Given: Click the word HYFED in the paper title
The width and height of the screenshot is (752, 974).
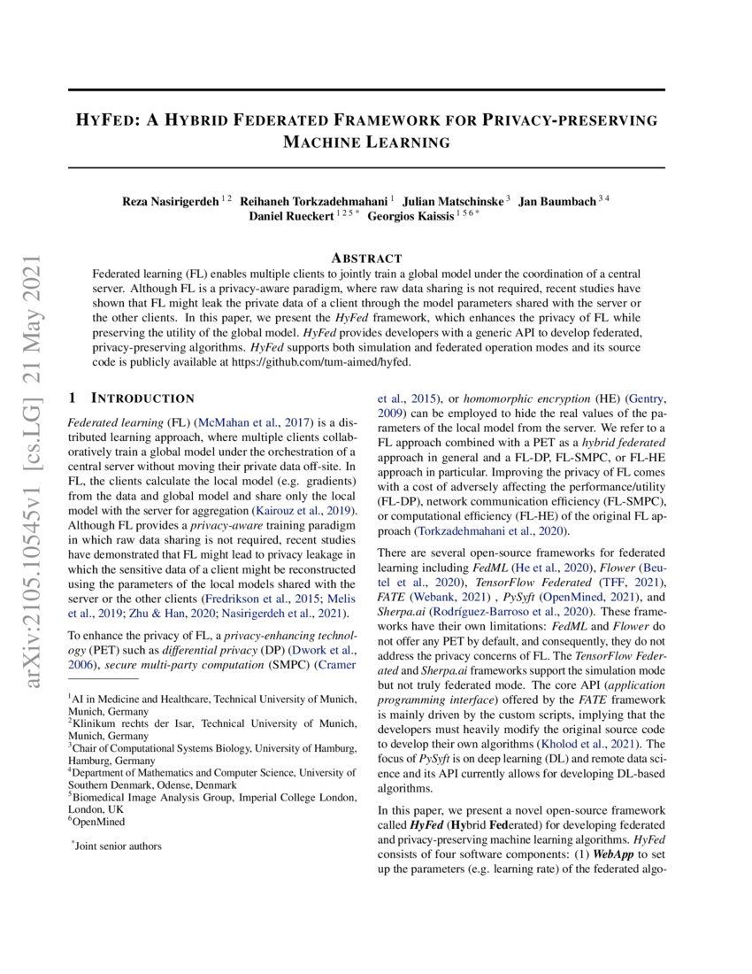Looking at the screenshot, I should (106, 120).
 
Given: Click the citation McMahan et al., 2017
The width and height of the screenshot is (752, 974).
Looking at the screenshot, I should (243, 424).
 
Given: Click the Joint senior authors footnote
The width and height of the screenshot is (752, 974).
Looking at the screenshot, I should (118, 846).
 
